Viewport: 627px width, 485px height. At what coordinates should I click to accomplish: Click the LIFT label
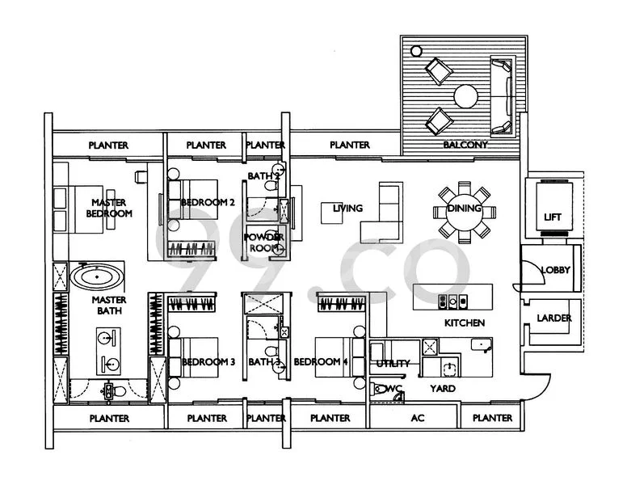coord(553,217)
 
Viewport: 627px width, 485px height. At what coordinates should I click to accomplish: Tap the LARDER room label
coord(554,318)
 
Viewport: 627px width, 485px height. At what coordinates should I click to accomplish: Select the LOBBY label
coord(556,270)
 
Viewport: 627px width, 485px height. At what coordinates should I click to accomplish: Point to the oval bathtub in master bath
coord(98,279)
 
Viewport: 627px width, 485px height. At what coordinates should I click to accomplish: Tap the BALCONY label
coord(465,145)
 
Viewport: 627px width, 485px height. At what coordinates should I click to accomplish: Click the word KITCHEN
coord(465,323)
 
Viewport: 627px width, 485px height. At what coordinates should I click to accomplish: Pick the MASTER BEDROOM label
coord(110,209)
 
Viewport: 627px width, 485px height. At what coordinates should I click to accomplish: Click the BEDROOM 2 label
coord(208,202)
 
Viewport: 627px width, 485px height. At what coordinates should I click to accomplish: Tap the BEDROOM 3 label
coord(208,362)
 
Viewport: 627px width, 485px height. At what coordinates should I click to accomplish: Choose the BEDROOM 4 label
coord(321,362)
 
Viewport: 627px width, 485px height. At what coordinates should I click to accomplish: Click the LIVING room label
coord(347,209)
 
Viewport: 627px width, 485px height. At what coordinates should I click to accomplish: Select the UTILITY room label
coord(393,364)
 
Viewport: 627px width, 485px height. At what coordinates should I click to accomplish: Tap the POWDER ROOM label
coord(264,242)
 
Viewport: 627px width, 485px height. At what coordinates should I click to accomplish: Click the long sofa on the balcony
coord(503,96)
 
